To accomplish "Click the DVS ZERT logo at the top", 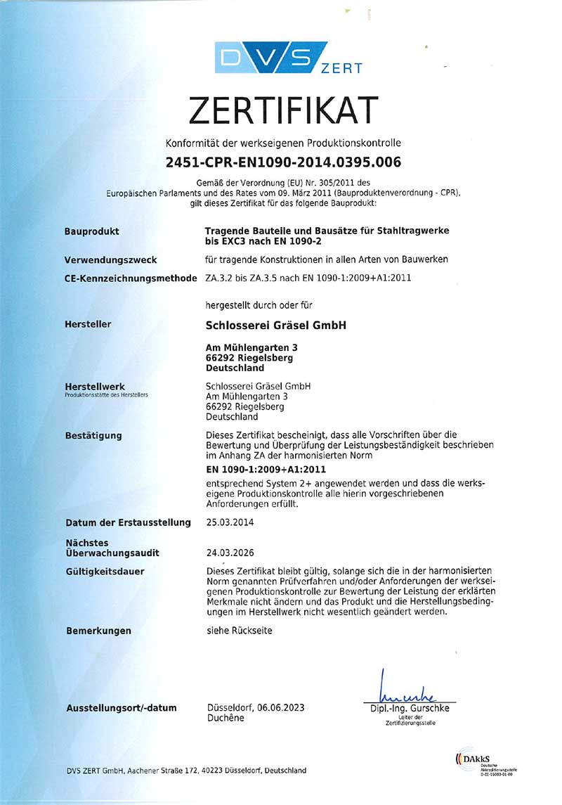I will tap(288, 58).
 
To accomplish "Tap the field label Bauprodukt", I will tap(91, 231).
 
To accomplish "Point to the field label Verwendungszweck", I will tap(110, 259).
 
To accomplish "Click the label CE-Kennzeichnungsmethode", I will tap(130, 278).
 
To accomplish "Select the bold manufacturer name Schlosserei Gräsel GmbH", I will tap(275, 325).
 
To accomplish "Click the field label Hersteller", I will tap(88, 324).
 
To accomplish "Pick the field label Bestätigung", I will tap(93, 436).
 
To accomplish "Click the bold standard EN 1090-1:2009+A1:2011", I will tap(266, 469).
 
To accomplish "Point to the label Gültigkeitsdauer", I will tap(105, 572).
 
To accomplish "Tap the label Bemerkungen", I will tap(98, 631).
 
